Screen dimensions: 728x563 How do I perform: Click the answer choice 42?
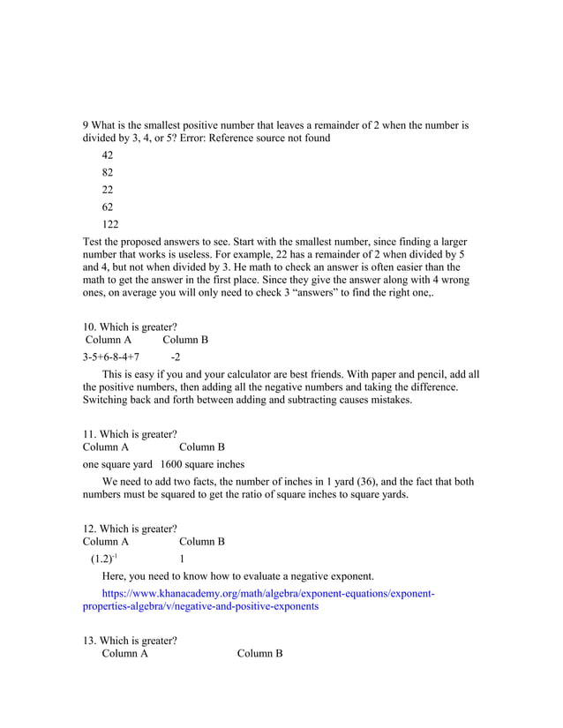(108, 155)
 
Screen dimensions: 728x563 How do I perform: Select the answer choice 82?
(108, 173)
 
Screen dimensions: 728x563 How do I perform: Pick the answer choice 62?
(108, 207)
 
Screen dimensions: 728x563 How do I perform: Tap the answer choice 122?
(110, 225)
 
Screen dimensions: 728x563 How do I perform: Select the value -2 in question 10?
(176, 357)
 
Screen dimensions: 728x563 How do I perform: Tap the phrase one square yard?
(118, 464)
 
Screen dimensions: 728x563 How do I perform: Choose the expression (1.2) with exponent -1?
(103, 559)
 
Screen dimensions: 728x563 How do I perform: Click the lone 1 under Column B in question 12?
(182, 559)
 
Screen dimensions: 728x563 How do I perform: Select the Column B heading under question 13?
(259, 654)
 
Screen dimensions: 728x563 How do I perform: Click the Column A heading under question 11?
(106, 447)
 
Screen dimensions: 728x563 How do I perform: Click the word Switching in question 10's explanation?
(109, 400)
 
